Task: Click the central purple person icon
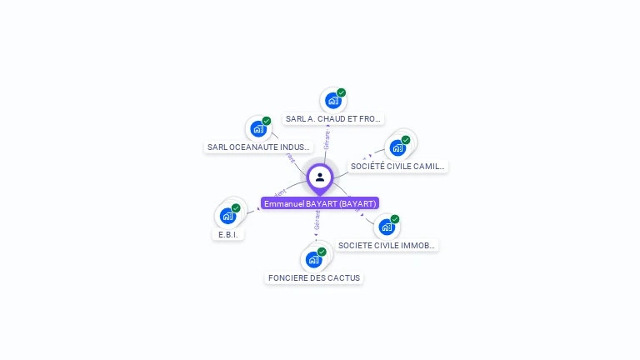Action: tap(320, 177)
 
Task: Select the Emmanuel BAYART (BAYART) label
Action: tap(320, 203)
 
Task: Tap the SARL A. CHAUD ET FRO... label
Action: tap(333, 119)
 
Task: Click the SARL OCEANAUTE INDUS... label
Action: tap(258, 147)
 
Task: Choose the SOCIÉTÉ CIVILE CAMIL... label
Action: tap(397, 167)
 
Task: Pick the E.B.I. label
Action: tap(228, 235)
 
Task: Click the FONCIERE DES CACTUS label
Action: tap(314, 277)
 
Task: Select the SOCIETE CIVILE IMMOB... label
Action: tap(386, 246)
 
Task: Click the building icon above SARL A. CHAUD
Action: tap(333, 101)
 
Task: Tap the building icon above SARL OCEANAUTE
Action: tap(258, 129)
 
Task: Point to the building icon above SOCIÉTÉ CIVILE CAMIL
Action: tap(397, 148)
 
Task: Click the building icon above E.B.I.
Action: tap(227, 216)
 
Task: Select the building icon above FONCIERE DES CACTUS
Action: tap(313, 259)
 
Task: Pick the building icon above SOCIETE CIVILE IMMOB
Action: tap(386, 227)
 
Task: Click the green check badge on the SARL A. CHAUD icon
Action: tap(342, 92)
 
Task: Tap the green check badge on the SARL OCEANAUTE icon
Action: tap(267, 121)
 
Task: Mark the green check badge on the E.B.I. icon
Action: tap(236, 207)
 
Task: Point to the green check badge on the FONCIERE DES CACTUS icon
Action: tap(322, 251)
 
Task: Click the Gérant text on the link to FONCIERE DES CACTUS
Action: tap(317, 221)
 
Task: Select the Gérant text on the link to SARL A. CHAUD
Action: tap(327, 139)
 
